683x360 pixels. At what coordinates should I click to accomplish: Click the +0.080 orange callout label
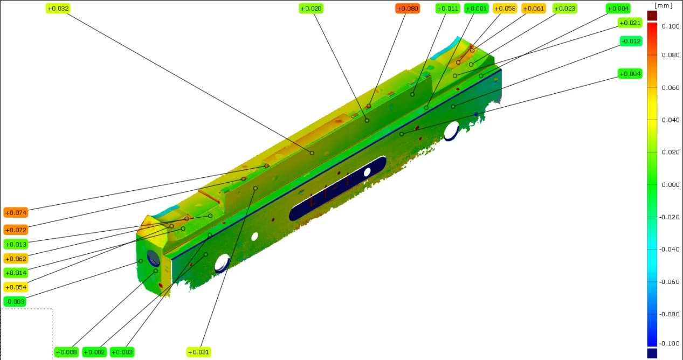coord(408,9)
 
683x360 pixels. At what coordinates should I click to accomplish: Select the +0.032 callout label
coord(58,9)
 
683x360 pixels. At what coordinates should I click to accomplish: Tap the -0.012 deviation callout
coord(631,41)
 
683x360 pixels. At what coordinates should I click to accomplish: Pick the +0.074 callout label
coord(16,212)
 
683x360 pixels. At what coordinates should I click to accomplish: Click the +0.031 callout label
coord(198,352)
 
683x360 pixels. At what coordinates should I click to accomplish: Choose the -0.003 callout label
coord(15,301)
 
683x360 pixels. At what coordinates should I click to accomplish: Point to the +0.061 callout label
coord(533,9)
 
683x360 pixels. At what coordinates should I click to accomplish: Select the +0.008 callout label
coord(66,352)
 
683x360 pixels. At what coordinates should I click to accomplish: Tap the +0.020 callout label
coord(311,9)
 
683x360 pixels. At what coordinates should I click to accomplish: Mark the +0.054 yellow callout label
coord(16,287)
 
